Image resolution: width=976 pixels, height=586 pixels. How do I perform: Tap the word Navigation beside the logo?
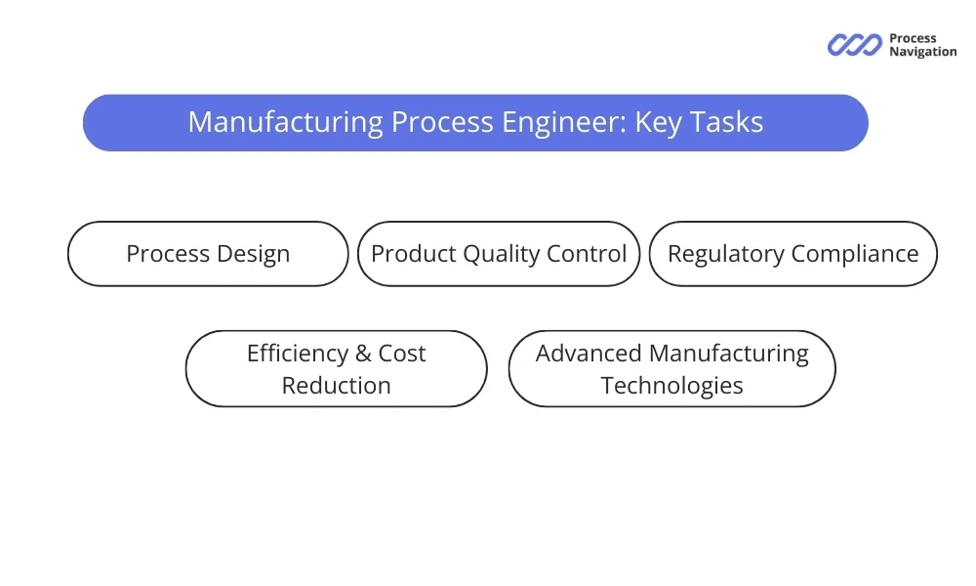click(922, 52)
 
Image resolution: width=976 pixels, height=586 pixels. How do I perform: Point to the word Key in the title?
click(659, 122)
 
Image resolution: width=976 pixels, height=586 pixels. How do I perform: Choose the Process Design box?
click(208, 254)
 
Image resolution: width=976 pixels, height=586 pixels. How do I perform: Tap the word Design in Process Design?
click(250, 254)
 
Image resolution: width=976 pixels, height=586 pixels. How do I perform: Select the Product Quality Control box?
click(499, 254)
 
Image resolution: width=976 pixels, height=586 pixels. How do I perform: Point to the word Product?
click(413, 254)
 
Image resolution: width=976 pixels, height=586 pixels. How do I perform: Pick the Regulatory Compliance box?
click(793, 254)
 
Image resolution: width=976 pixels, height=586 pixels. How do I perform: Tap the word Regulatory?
click(725, 254)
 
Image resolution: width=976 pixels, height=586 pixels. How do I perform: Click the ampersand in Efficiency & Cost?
click(363, 354)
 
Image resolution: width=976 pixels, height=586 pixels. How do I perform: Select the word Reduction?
click(336, 385)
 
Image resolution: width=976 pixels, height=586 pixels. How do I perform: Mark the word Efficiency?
click(298, 354)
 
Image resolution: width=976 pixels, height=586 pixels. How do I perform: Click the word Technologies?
click(671, 385)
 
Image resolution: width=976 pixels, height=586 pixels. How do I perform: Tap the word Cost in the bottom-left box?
click(402, 354)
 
